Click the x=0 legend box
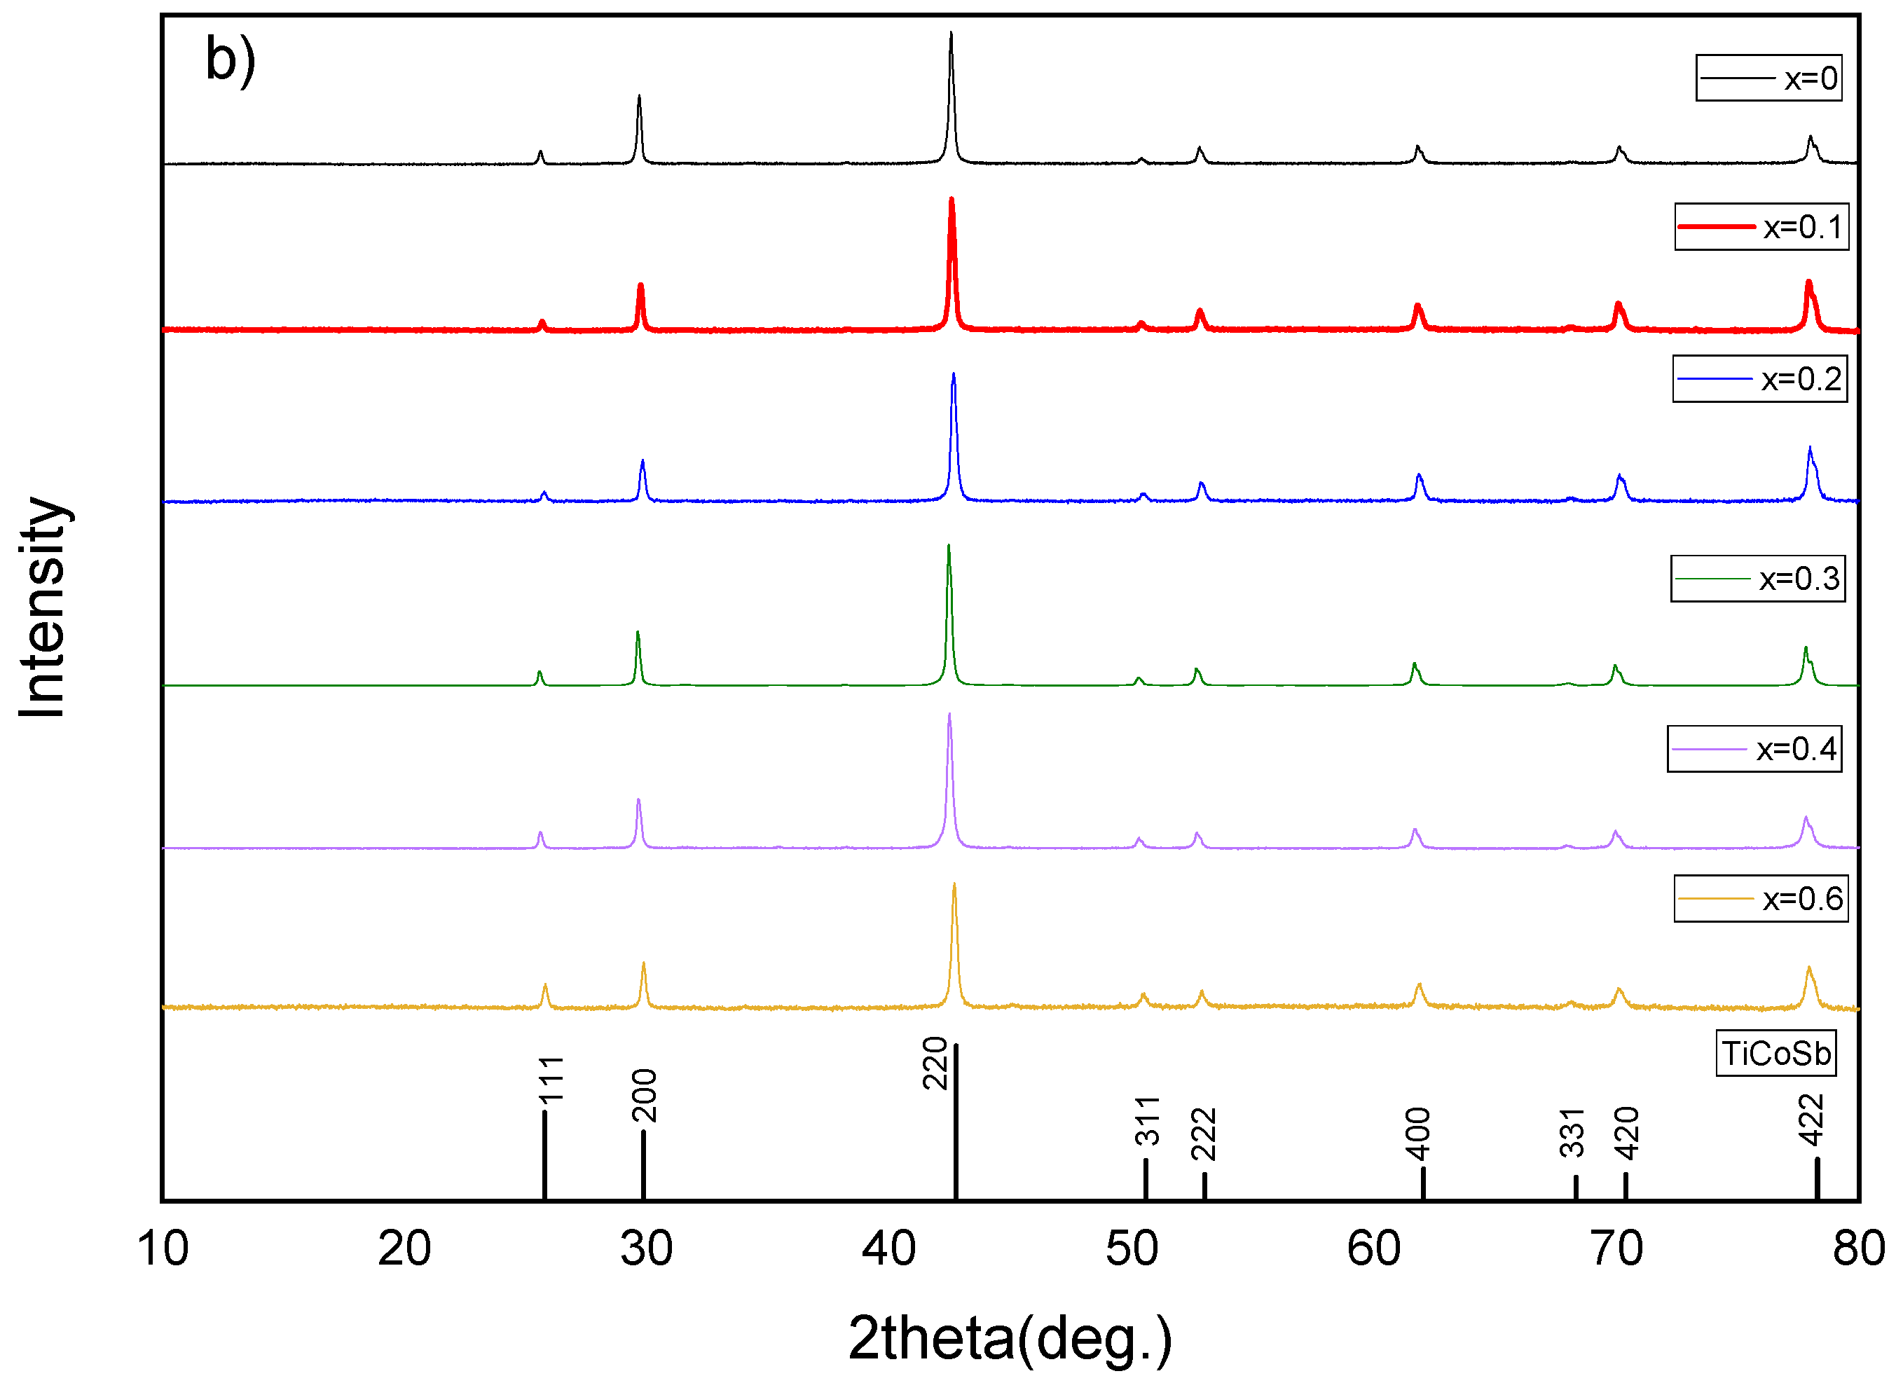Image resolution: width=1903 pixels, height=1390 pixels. click(x=1768, y=78)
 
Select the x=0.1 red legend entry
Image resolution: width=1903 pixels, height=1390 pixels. click(x=1761, y=226)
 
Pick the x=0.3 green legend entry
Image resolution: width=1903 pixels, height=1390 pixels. click(x=1757, y=578)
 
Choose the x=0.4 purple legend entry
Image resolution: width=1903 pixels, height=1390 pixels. click(x=1754, y=748)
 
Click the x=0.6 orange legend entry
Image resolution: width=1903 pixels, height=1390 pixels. click(x=1761, y=899)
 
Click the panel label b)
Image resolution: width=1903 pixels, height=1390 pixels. click(x=230, y=60)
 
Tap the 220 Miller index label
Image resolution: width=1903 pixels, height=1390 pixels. click(x=935, y=1064)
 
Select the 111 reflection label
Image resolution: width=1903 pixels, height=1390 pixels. click(x=551, y=1080)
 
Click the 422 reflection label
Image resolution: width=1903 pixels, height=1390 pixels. click(x=1811, y=1120)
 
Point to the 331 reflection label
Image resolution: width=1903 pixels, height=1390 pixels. click(x=1572, y=1133)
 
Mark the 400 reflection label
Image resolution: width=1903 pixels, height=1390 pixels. click(x=1418, y=1133)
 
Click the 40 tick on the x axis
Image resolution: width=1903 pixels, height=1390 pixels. click(x=888, y=1248)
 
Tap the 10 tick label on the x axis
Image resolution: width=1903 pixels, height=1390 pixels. click(x=163, y=1248)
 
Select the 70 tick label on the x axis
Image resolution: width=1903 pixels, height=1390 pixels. click(x=1616, y=1248)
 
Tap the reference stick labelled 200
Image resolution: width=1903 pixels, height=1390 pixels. click(x=644, y=1164)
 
